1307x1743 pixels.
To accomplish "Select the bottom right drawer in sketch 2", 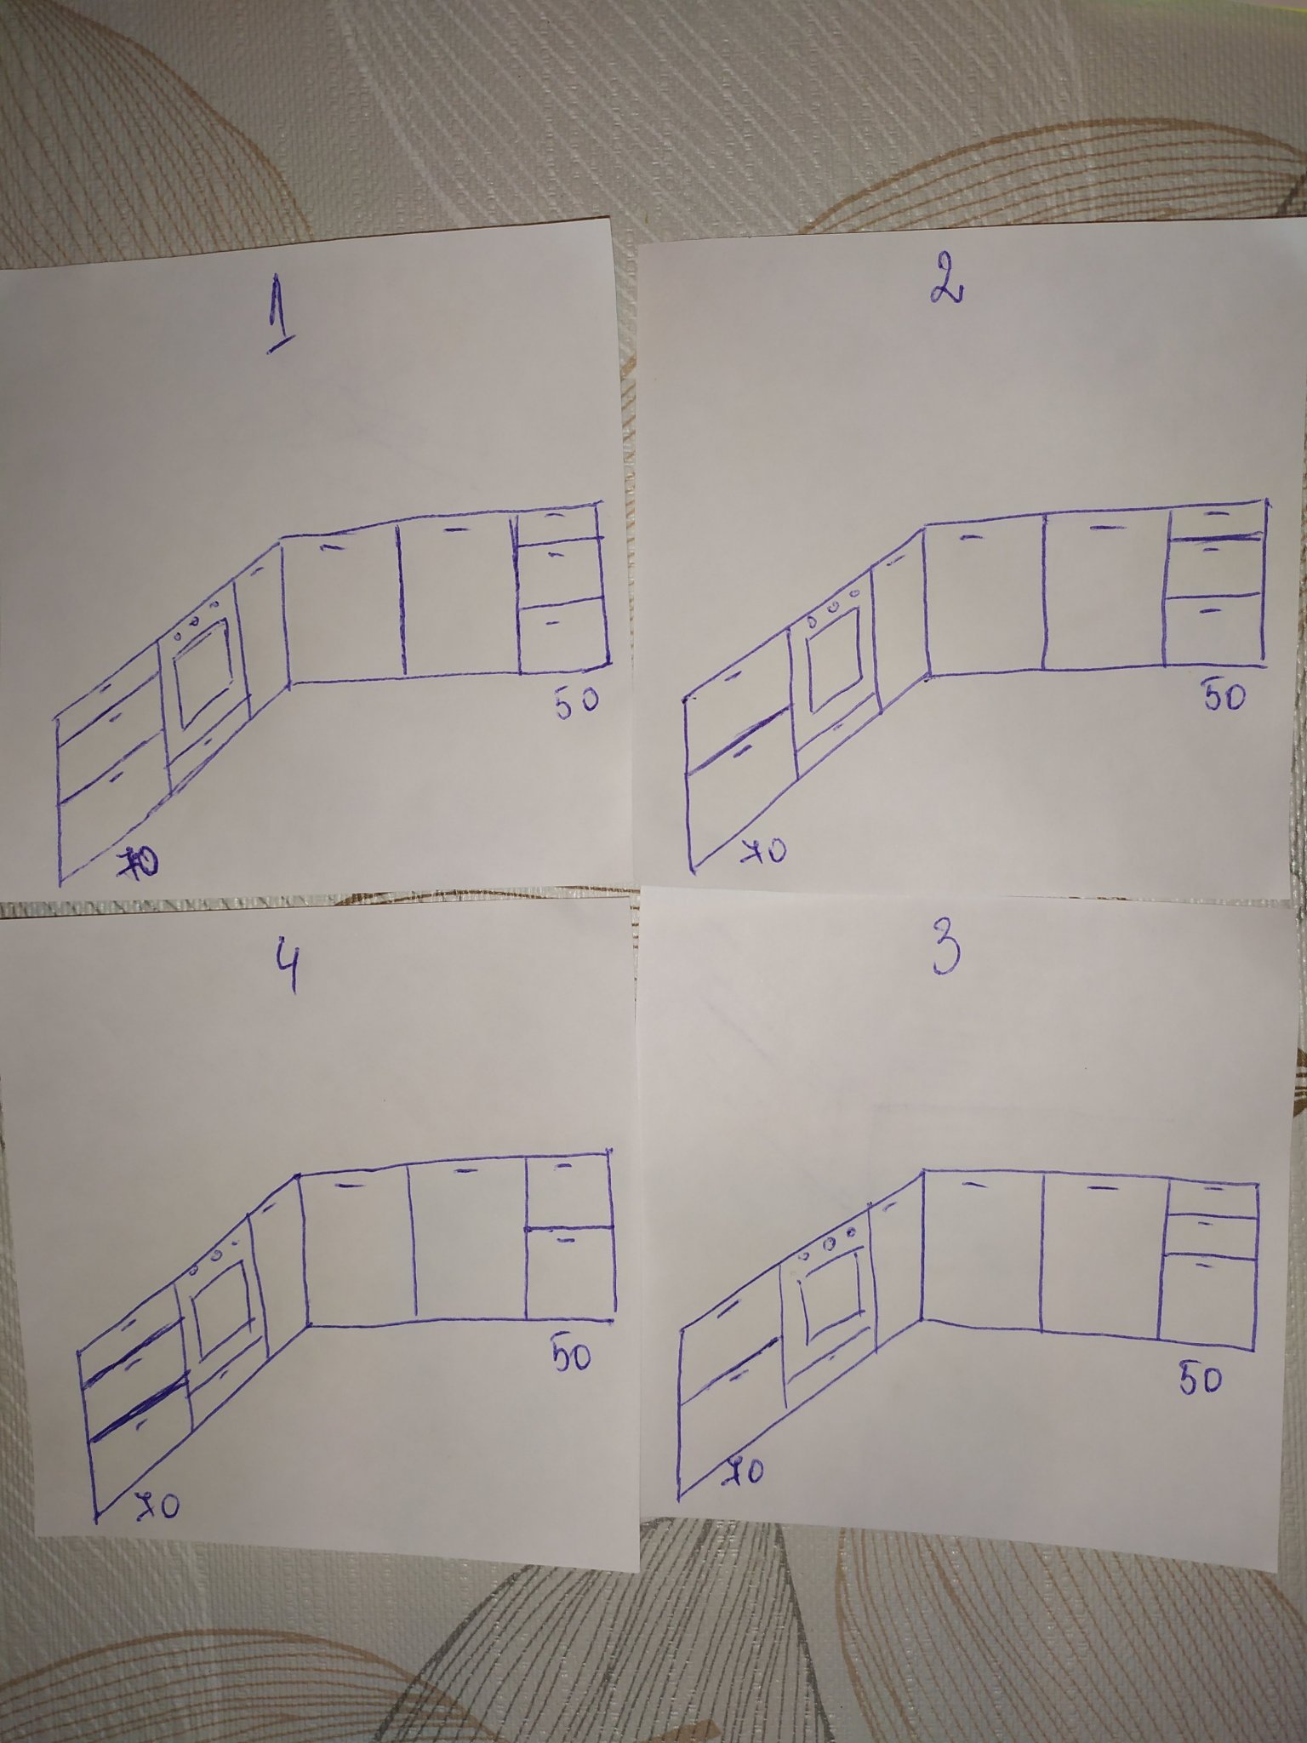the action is click(x=1213, y=628).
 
